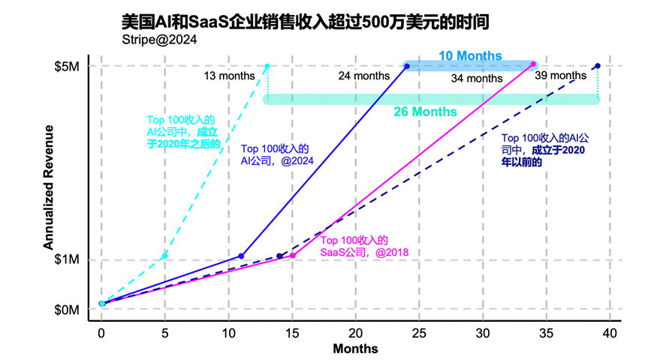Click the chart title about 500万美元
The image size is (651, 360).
(305, 22)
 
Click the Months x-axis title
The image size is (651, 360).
(355, 349)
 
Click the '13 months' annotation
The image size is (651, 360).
(230, 75)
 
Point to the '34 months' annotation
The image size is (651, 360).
(477, 78)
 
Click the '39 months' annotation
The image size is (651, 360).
(560, 75)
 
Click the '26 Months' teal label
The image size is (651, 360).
(425, 112)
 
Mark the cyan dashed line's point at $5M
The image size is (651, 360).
(267, 66)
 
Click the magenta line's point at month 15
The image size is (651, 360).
(292, 256)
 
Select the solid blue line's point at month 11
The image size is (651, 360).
(241, 256)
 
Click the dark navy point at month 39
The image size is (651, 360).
(597, 66)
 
